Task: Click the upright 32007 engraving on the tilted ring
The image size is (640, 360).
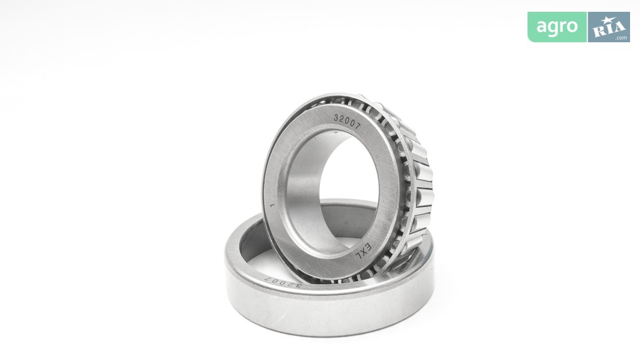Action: click(x=347, y=121)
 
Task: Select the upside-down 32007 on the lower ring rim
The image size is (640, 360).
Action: click(x=283, y=282)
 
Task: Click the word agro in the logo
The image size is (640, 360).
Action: click(x=557, y=27)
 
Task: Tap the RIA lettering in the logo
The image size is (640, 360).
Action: click(x=608, y=29)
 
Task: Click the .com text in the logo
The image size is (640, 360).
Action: click(x=621, y=38)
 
